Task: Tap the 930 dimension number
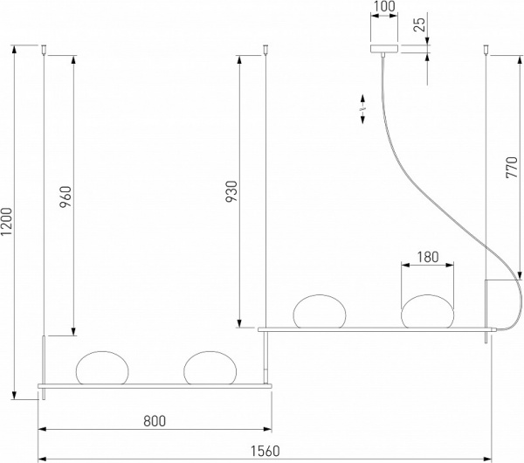coord(231,193)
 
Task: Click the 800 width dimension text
coord(154,420)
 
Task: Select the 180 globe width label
coord(427,258)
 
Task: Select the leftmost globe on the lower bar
coord(102,368)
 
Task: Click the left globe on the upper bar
coord(321,313)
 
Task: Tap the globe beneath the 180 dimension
coord(427,313)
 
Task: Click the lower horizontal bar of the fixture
coord(154,384)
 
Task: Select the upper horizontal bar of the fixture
coord(376,328)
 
